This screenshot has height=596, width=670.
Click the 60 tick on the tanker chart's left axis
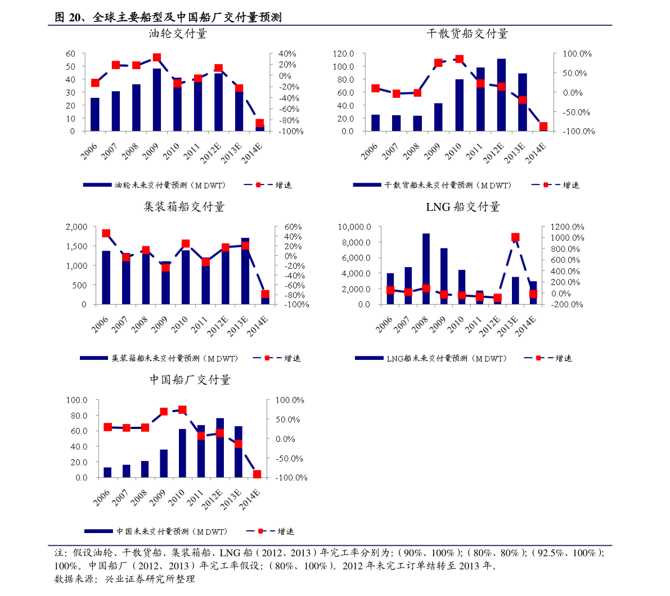click(70, 54)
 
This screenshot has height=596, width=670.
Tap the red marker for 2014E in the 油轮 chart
click(259, 123)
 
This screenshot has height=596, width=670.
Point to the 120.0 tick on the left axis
click(343, 54)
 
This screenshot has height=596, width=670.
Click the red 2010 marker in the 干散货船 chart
click(459, 59)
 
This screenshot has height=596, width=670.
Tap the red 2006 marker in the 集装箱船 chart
click(106, 233)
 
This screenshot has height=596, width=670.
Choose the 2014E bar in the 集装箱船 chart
click(265, 301)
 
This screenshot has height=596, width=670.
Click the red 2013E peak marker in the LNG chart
click(515, 237)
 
